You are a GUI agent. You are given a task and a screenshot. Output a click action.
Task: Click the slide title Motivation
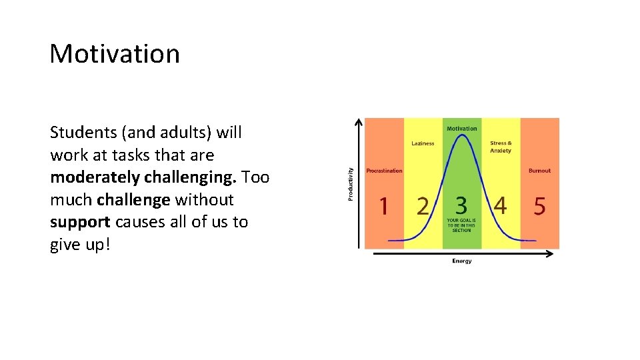point(115,53)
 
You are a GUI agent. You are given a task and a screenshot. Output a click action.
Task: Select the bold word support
point(79,221)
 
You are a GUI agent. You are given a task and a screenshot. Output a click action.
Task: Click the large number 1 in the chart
point(383,206)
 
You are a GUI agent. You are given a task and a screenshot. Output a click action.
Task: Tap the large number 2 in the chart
point(423,206)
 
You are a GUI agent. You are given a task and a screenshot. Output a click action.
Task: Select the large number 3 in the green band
point(461,206)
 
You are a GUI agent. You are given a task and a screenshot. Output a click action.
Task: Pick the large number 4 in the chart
point(500,206)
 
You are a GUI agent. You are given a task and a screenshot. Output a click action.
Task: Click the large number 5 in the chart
point(539,206)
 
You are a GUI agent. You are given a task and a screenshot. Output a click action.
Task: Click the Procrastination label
point(384,171)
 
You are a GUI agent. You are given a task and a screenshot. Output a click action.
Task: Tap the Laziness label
point(423,143)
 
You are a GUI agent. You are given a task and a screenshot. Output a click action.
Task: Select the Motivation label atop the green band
point(461,128)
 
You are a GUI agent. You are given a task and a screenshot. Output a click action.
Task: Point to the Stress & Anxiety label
point(501,147)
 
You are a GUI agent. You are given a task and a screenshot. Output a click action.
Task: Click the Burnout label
point(539,171)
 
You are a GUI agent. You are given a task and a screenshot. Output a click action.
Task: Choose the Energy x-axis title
point(461,261)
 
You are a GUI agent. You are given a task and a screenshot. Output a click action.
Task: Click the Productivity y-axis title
point(351,183)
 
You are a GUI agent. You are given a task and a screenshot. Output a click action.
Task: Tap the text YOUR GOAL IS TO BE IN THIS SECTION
point(461,225)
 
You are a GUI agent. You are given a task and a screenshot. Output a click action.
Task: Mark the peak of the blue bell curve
point(461,136)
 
